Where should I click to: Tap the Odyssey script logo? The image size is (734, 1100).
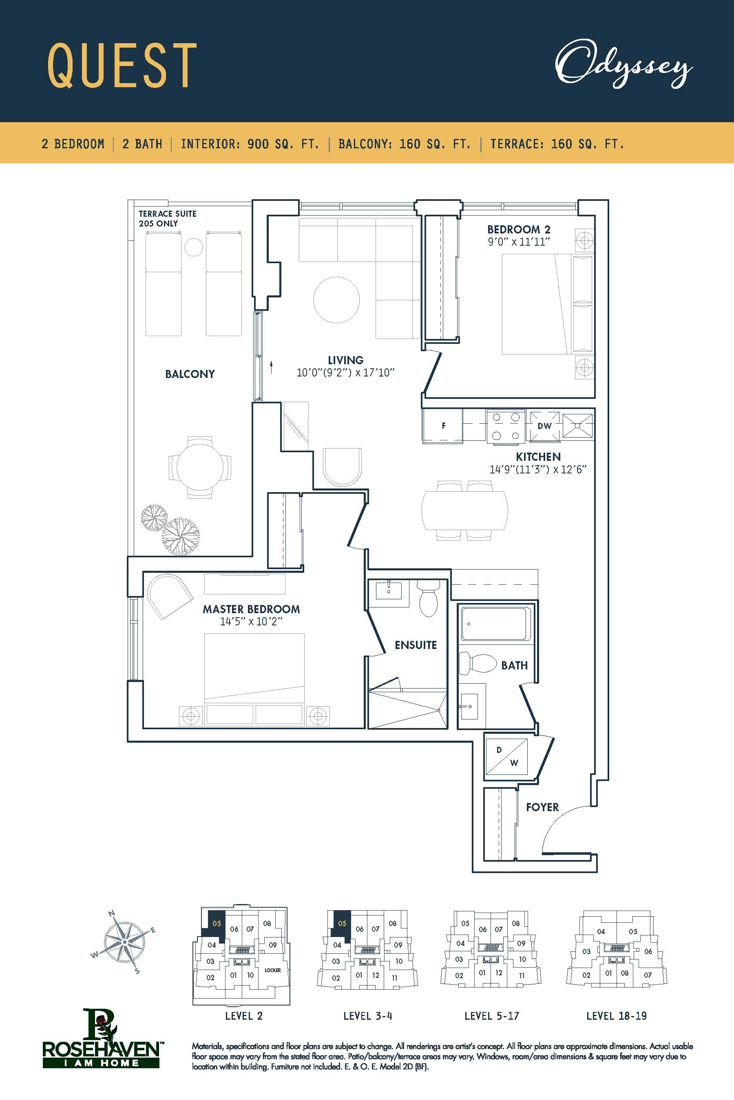point(623,65)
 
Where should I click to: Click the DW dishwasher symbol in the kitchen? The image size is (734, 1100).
point(544,426)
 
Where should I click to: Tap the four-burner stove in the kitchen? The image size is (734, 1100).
point(506,426)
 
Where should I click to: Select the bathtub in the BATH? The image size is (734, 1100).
point(496,623)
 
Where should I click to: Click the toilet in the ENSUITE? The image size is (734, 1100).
point(428,598)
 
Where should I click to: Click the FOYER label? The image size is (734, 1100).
point(542,807)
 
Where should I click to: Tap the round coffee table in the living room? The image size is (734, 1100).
point(336,300)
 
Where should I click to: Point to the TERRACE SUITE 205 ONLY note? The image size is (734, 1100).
point(168,218)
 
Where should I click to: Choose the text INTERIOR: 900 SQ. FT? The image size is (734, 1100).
point(250,144)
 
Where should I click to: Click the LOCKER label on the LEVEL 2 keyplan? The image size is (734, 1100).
point(272,970)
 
